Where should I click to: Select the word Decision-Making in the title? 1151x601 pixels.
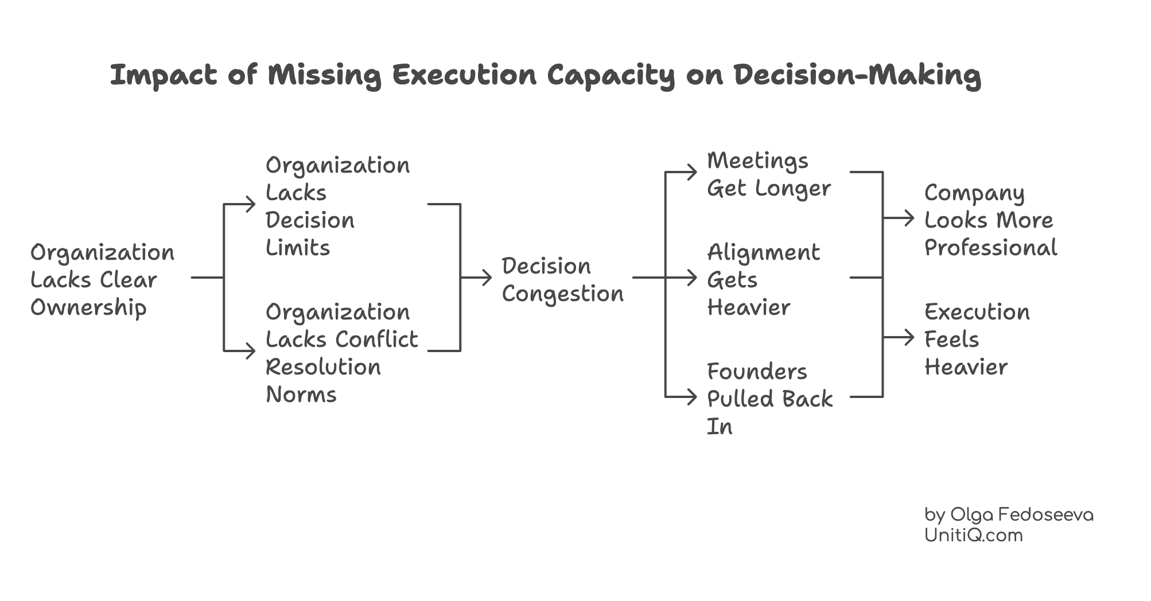[x=857, y=75]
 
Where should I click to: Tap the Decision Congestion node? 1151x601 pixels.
[x=562, y=280]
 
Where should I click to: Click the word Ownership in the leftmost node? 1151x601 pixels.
[x=88, y=308]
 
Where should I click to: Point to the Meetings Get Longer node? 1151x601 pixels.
[x=768, y=174]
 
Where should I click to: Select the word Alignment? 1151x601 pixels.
[x=763, y=252]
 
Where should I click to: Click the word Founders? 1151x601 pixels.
[x=756, y=372]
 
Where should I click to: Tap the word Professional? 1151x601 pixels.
[x=990, y=248]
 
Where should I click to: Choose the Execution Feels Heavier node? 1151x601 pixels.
[x=977, y=339]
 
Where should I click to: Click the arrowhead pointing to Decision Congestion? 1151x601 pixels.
[x=488, y=278]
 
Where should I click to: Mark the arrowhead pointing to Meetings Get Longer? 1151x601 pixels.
[x=693, y=171]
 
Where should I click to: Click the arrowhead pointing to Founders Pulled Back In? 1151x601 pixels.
[x=693, y=396]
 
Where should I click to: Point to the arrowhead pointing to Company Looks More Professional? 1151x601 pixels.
[x=909, y=218]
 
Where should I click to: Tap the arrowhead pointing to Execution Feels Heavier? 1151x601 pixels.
[x=909, y=337]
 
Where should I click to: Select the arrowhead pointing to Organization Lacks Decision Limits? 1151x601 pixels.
[x=251, y=204]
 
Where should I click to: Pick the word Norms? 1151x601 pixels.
[x=301, y=395]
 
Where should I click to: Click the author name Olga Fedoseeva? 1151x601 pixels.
[x=1021, y=514]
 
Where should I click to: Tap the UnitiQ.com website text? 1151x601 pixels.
[x=973, y=536]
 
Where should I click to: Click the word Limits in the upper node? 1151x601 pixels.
[x=297, y=248]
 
